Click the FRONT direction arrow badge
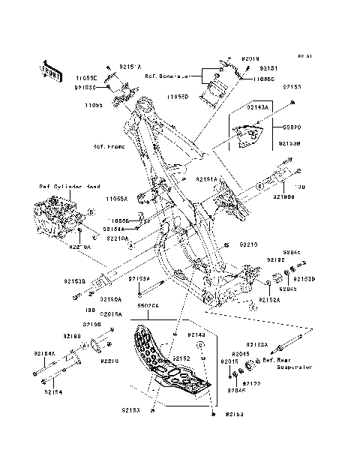tap(49, 70)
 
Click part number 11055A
tap(116, 199)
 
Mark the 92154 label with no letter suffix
tap(54, 391)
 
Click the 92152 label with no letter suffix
tap(182, 359)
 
